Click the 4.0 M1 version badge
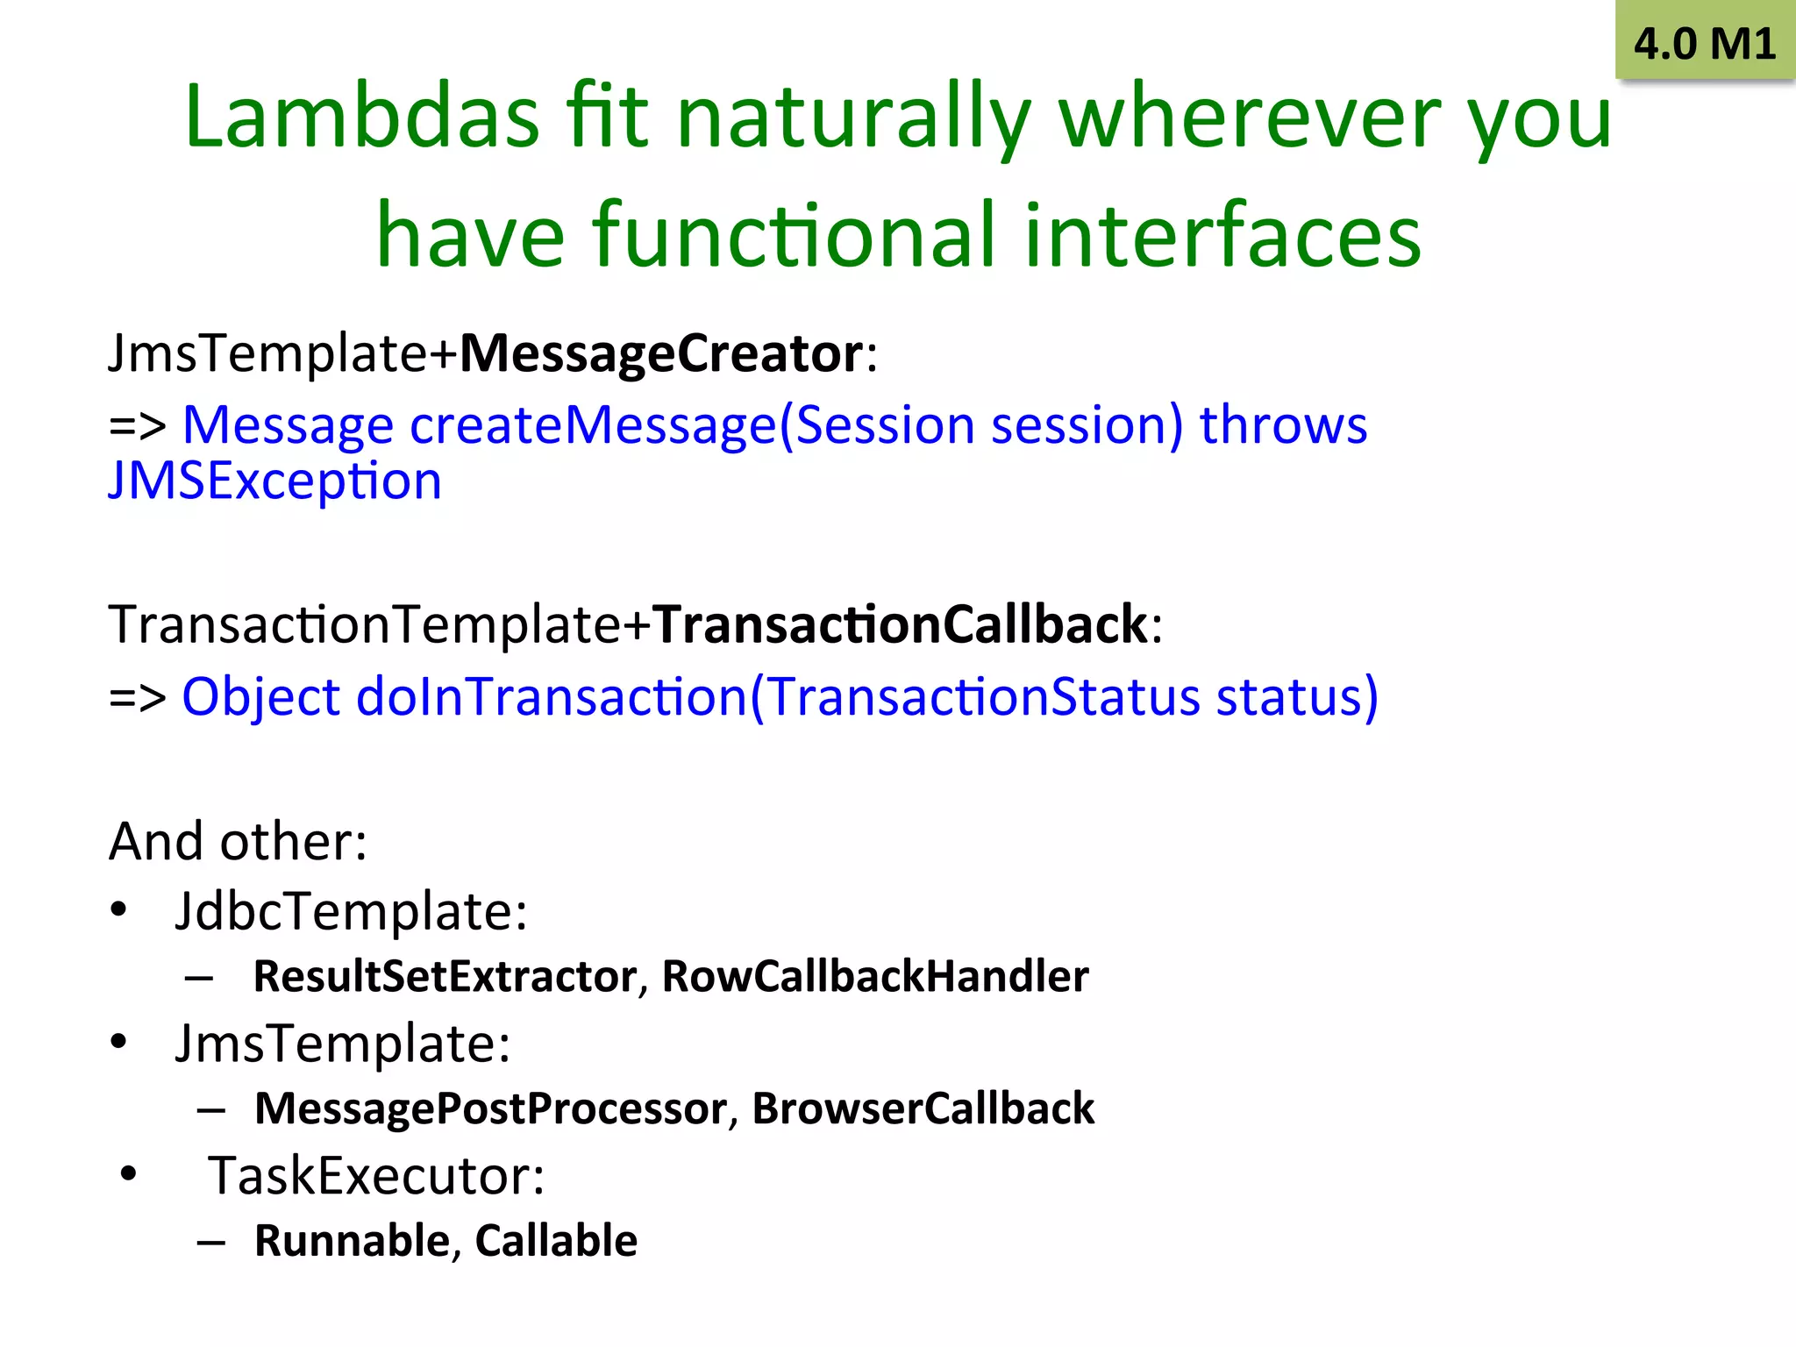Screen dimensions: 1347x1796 pyautogui.click(x=1704, y=44)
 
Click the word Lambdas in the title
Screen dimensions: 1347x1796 pyautogui.click(x=361, y=118)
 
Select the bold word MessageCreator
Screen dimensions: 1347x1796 pyautogui.click(x=662, y=354)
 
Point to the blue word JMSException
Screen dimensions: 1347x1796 pyautogui.click(x=274, y=481)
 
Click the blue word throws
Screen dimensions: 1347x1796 pyautogui.click(x=1282, y=426)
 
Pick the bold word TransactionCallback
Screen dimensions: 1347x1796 pyautogui.click(x=900, y=625)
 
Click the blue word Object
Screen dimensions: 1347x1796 pyautogui.click(x=260, y=698)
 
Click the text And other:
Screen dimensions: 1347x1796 pyautogui.click(x=238, y=842)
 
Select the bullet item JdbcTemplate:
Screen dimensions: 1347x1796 pyautogui.click(x=351, y=912)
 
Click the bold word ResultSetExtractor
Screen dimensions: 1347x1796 pyautogui.click(x=445, y=977)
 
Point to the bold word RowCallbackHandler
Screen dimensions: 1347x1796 pyautogui.click(x=874, y=977)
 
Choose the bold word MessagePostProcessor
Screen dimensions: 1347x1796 pyautogui.click(x=490, y=1109)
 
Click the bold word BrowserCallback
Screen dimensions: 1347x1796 pyautogui.click(x=923, y=1109)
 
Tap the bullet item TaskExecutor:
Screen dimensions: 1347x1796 pyautogui.click(x=375, y=1176)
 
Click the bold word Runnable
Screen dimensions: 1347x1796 pyautogui.click(x=352, y=1241)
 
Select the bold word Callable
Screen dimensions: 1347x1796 pyautogui.click(x=555, y=1241)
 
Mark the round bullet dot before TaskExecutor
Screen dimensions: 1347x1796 pyautogui.click(x=129, y=1174)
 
